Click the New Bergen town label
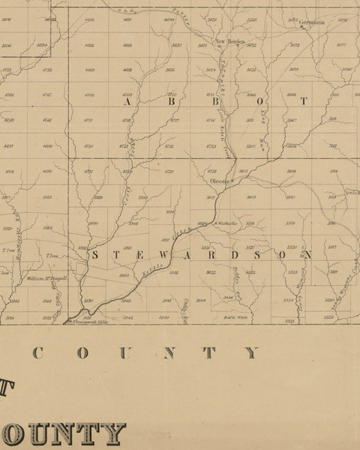coord(230,41)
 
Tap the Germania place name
coord(313,22)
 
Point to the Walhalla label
coord(226,223)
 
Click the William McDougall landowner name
coord(47,277)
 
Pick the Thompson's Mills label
coord(87,322)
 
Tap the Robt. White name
coord(236,317)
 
